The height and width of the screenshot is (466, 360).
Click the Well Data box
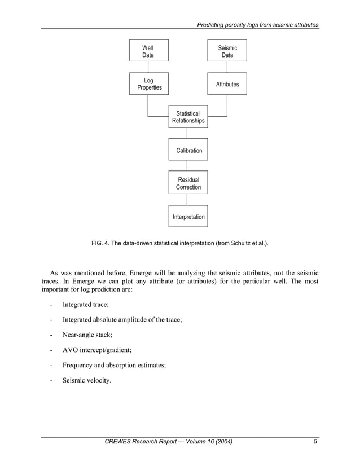click(x=148, y=51)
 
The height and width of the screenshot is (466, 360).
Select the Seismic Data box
click(x=227, y=51)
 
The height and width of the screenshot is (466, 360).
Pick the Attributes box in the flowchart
click(x=227, y=84)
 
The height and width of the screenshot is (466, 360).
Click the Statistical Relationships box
click(x=188, y=117)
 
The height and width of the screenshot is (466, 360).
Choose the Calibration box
click(x=188, y=150)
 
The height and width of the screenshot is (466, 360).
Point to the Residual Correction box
click(x=188, y=183)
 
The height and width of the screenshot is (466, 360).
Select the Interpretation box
click(x=188, y=217)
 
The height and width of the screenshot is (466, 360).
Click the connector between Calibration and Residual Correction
click(x=188, y=166)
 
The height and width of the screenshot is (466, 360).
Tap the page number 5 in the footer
click(x=315, y=442)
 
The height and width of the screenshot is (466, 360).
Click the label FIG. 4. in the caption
click(x=101, y=244)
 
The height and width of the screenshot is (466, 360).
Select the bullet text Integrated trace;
click(x=86, y=305)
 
